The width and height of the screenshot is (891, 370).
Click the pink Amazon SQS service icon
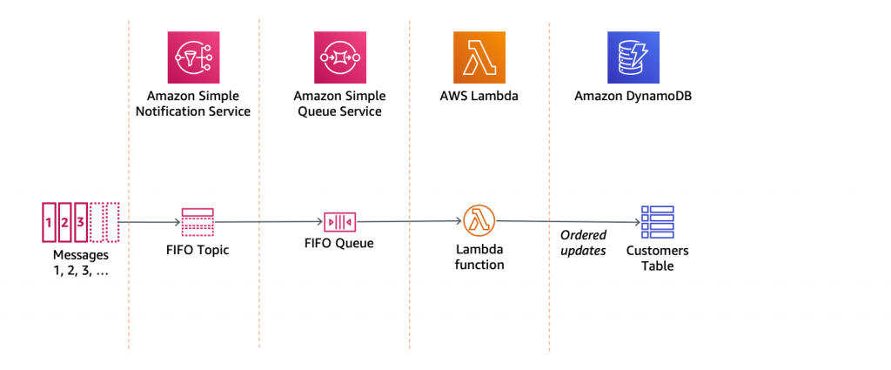click(x=338, y=56)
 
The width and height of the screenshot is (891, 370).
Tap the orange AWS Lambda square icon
click(x=479, y=56)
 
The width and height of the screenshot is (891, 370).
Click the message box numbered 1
click(x=50, y=222)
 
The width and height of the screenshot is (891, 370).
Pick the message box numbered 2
click(x=64, y=222)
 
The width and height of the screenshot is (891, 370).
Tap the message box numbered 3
click(x=80, y=222)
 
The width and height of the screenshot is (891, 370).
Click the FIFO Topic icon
click(x=197, y=222)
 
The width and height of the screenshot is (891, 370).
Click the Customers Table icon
click(x=658, y=223)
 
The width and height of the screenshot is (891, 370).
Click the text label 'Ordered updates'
click(x=583, y=243)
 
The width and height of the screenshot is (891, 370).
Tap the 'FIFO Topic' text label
click(x=197, y=251)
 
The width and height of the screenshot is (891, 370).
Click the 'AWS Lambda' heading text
click(x=479, y=95)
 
